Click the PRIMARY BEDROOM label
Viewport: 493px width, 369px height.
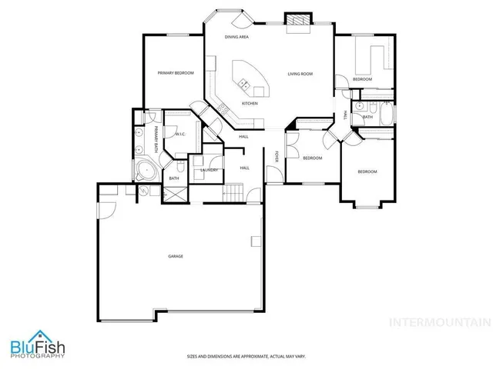(x=175, y=73)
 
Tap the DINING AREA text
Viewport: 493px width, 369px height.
(x=236, y=37)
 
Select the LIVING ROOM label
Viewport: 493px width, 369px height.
(x=300, y=74)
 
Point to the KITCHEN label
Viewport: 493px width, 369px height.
(x=250, y=103)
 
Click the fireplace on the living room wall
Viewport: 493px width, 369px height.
(x=297, y=21)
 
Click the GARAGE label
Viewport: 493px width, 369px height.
(x=176, y=255)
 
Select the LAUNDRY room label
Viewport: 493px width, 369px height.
(x=209, y=170)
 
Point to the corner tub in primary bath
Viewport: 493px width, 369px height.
(x=144, y=170)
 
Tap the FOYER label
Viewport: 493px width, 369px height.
(x=277, y=157)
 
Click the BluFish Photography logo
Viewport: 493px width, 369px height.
(x=37, y=348)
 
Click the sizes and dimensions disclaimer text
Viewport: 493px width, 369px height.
(x=246, y=356)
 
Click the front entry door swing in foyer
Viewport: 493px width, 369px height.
(x=273, y=175)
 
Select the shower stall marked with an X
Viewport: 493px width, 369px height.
(x=176, y=193)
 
